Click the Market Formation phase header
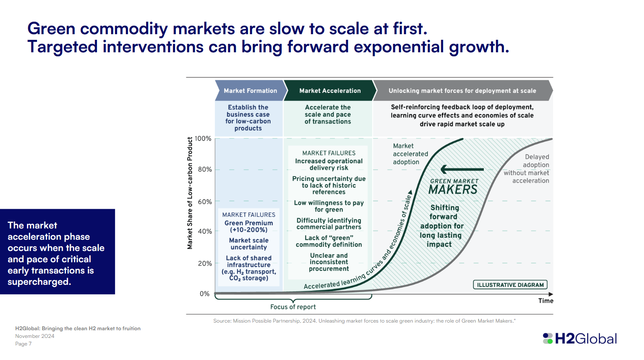250,91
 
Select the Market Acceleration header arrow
330,91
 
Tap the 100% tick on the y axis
203,138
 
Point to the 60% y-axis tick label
204,202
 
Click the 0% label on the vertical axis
204,294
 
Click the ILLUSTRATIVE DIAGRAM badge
510,285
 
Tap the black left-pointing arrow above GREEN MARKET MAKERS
462,169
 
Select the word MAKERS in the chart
453,189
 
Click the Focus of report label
293,307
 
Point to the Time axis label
546,301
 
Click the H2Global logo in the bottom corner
580,339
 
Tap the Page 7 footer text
23,344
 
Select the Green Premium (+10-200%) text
249,226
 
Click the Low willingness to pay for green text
329,206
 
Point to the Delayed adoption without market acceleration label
528,169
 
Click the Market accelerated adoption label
410,154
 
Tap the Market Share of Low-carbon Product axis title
190,193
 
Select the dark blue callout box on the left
57,251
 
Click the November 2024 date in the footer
35,336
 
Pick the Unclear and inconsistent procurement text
329,262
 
